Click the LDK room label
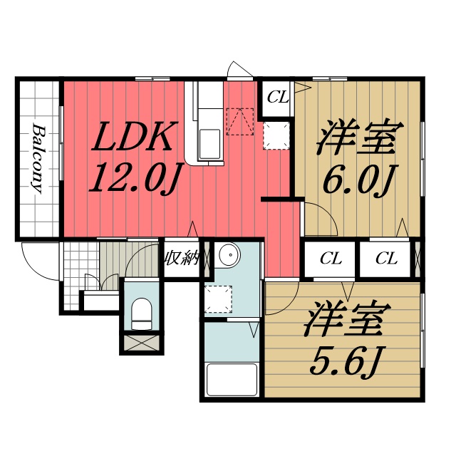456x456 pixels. (133, 138)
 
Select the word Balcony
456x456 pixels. (38, 160)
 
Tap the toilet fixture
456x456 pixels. (142, 314)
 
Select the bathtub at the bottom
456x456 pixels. (231, 380)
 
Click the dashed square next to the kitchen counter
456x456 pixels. (276, 135)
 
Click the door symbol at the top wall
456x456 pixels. (238, 71)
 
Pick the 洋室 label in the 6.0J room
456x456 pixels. (356, 139)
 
